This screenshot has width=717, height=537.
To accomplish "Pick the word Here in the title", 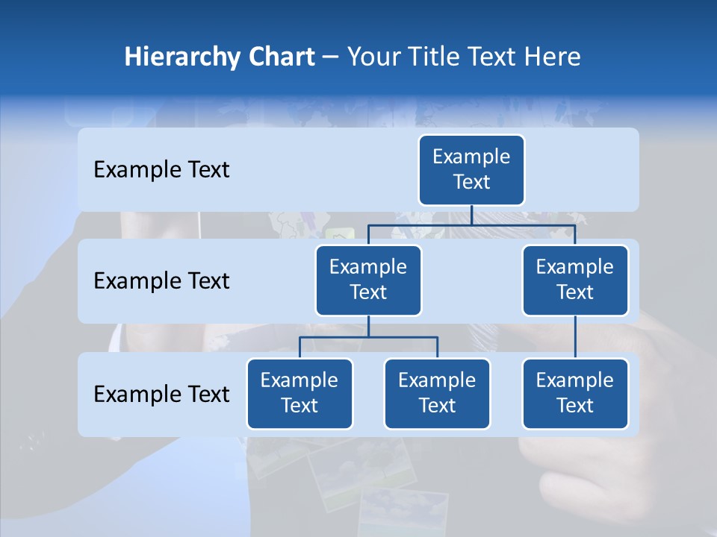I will [x=552, y=57].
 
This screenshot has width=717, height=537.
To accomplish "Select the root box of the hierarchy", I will [x=471, y=169].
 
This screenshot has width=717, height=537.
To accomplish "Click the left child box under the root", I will [x=368, y=280].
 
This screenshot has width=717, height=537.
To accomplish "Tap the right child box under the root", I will [x=575, y=280].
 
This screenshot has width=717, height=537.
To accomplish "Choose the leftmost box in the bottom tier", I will [x=299, y=393].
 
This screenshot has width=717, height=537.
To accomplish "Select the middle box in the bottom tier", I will [x=437, y=393].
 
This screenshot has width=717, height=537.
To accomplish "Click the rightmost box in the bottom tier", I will [x=575, y=393].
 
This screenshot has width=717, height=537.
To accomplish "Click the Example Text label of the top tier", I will [x=161, y=169].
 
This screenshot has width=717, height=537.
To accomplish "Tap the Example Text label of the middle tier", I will [x=161, y=280].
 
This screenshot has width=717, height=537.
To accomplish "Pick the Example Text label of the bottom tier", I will [x=161, y=394].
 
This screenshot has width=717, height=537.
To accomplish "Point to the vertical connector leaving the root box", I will [x=471, y=215].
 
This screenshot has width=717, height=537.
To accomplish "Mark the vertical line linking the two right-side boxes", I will [x=575, y=337].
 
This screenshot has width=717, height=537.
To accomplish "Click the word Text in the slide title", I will [x=488, y=57].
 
